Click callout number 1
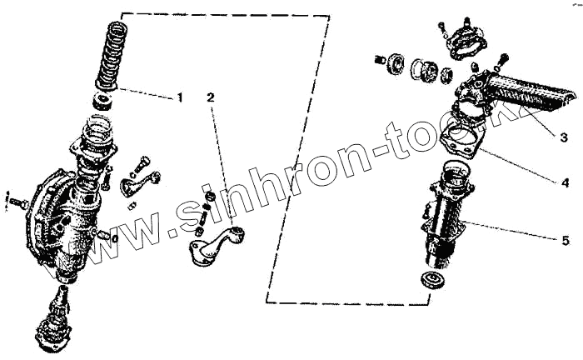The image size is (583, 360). pyautogui.click(x=179, y=97)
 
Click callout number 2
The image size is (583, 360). pyautogui.click(x=210, y=97)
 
